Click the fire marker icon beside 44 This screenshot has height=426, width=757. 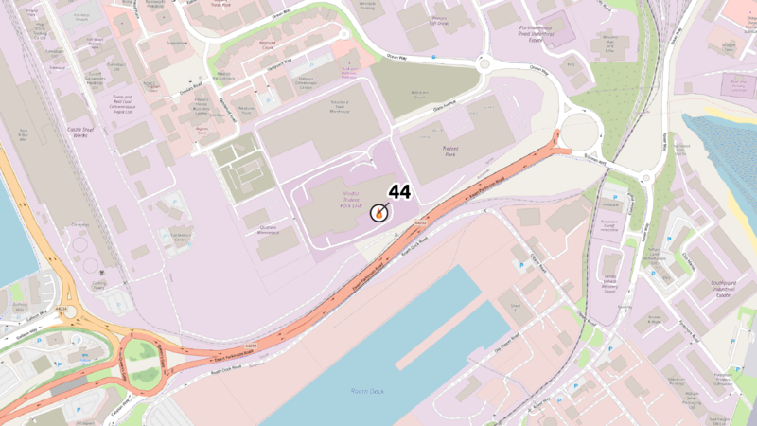[379, 214]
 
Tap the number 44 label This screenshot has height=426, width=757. [399, 192]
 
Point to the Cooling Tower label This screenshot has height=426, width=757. [98, 283]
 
